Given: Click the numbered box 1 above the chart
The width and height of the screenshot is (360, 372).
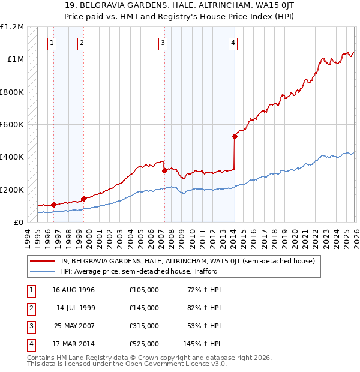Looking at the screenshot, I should click(53, 43).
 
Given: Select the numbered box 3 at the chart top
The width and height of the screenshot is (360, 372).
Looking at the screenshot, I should click(163, 43).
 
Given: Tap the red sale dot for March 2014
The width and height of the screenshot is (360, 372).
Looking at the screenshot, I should click(235, 136).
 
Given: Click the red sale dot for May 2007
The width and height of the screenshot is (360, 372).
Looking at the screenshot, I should click(164, 170).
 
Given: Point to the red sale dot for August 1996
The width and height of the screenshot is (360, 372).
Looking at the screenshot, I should click(54, 205).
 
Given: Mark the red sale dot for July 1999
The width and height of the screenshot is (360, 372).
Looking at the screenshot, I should click(83, 199).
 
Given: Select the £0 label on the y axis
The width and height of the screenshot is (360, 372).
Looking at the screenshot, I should click(18, 222).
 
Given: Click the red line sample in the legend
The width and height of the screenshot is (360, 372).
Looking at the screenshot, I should click(43, 261).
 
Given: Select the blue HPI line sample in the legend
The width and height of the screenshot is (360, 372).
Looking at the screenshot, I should click(43, 271).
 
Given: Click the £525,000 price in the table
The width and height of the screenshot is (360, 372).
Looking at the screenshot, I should click(143, 344).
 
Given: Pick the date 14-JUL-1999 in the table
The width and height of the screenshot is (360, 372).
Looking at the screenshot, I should click(76, 308).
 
